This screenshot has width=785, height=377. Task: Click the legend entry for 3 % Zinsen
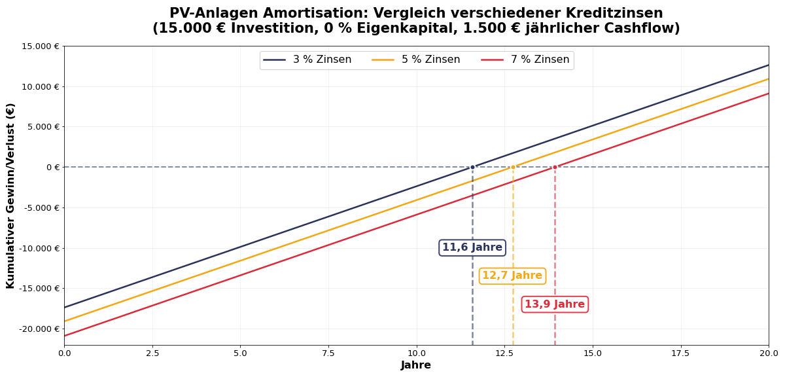pyautogui.click(x=307, y=60)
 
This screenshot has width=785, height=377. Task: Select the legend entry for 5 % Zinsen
pyautogui.click(x=416, y=60)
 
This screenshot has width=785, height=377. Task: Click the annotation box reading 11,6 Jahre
pyautogui.click(x=472, y=247)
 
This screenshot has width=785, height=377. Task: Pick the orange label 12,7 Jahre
pyautogui.click(x=512, y=276)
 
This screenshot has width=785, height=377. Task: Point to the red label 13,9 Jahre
pyautogui.click(x=555, y=304)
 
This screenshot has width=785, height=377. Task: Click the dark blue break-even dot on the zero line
pyautogui.click(x=472, y=167)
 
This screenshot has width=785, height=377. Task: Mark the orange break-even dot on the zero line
pyautogui.click(x=513, y=167)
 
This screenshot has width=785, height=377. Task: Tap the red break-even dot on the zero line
pyautogui.click(x=555, y=167)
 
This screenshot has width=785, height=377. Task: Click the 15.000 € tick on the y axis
pyautogui.click(x=40, y=46)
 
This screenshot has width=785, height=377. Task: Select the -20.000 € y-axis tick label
pyautogui.click(x=39, y=329)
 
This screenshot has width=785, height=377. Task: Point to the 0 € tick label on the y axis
pyautogui.click(x=52, y=168)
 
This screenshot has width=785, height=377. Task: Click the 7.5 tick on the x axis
pyautogui.click(x=328, y=353)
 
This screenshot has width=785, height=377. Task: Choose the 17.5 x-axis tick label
pyautogui.click(x=680, y=353)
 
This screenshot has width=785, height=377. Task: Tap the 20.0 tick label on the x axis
pyautogui.click(x=769, y=353)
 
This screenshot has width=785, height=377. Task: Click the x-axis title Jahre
pyautogui.click(x=416, y=365)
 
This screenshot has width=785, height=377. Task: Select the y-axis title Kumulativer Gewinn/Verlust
pyautogui.click(x=10, y=195)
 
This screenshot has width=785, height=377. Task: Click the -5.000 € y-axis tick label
pyautogui.click(x=40, y=208)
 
